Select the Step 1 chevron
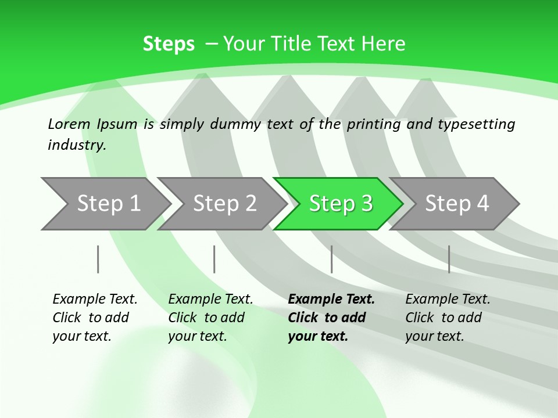point(106,204)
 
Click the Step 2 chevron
point(223,204)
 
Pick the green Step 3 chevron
point(338,204)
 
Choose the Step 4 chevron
point(455,204)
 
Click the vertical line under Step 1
point(98,259)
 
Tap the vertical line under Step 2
point(214,259)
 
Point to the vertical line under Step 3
point(332,259)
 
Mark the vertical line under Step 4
point(449,259)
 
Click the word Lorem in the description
point(69,124)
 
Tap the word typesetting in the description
point(477,124)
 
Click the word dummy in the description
point(235,124)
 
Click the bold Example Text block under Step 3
point(331,318)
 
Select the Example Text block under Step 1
point(95,318)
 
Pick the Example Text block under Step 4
point(448,318)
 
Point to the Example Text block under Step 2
point(210,318)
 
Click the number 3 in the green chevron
point(367,203)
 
